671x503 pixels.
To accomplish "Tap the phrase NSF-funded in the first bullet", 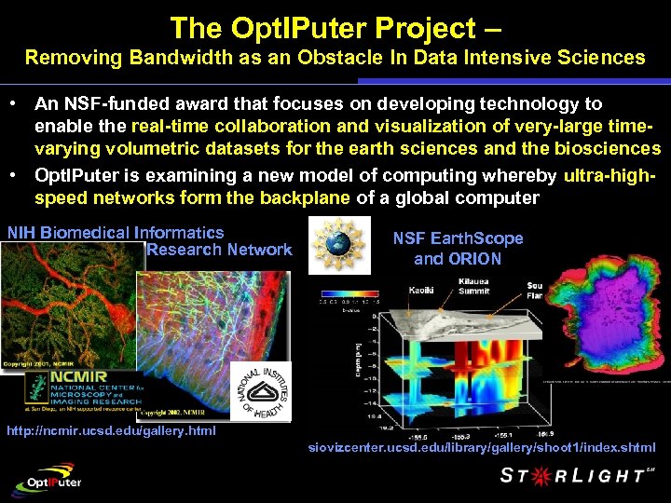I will point(105,103).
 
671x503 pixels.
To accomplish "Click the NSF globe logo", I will point(338,245).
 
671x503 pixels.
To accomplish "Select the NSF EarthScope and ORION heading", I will point(458,249).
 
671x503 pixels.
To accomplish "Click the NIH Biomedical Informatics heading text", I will point(116,233).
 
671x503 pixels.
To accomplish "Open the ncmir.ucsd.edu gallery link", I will point(111,430).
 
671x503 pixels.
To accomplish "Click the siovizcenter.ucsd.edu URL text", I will point(475,448).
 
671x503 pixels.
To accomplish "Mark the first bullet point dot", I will point(17,103).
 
